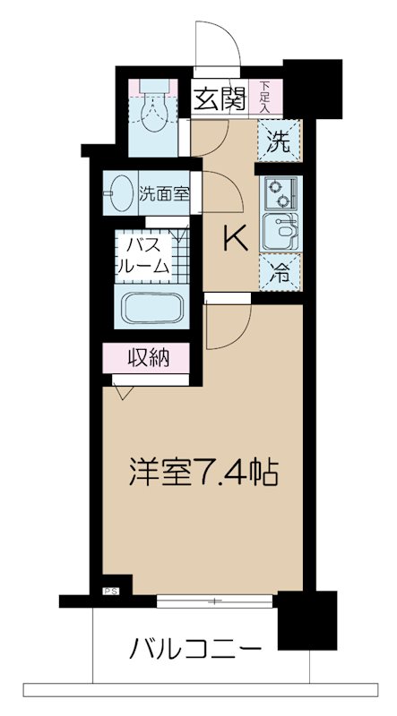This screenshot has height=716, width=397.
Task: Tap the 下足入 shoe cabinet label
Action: (x=266, y=98)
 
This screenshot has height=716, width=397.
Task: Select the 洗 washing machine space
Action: (x=280, y=141)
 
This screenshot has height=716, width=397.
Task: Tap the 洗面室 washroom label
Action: (x=164, y=192)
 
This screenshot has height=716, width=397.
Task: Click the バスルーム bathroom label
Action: (x=142, y=256)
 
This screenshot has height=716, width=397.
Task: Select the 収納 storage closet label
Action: (x=147, y=359)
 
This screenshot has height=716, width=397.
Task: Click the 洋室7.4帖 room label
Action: (x=203, y=472)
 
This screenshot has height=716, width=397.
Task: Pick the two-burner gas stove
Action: (x=280, y=190)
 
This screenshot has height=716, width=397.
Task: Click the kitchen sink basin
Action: (x=281, y=232)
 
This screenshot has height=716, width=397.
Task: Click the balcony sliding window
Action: (x=215, y=600)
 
